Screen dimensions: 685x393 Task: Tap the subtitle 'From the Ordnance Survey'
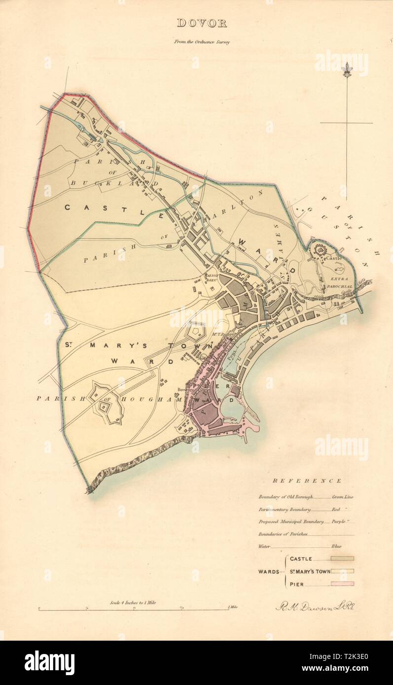(x=201, y=42)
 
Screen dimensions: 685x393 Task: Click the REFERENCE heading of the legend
(x=307, y=481)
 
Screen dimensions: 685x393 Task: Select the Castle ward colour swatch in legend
(x=342, y=559)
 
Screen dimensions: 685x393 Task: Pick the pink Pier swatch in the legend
(x=342, y=584)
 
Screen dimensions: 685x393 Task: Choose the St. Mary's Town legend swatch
(x=342, y=572)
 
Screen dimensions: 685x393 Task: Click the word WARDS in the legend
(x=269, y=572)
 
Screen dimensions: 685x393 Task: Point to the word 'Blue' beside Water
(x=337, y=546)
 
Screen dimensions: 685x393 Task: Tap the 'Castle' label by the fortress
(x=333, y=258)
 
